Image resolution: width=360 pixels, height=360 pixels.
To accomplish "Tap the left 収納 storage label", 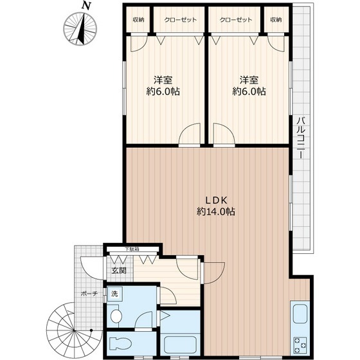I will pos(138,20).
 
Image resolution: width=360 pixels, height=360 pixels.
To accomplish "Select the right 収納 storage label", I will pos(276,20).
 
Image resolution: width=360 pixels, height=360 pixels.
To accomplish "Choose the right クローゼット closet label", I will pos(236,20).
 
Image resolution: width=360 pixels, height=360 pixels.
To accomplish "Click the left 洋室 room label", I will pos(163,80).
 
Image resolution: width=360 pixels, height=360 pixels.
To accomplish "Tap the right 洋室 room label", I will pos(249,80).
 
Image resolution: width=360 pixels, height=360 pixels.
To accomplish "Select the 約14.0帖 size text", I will pos(216,211).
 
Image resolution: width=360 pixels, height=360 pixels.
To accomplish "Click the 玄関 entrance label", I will pos(118,271).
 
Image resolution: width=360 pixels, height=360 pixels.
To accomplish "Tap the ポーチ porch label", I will pos(89,294).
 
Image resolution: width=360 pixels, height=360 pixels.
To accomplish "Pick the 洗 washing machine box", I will pos(114,294).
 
